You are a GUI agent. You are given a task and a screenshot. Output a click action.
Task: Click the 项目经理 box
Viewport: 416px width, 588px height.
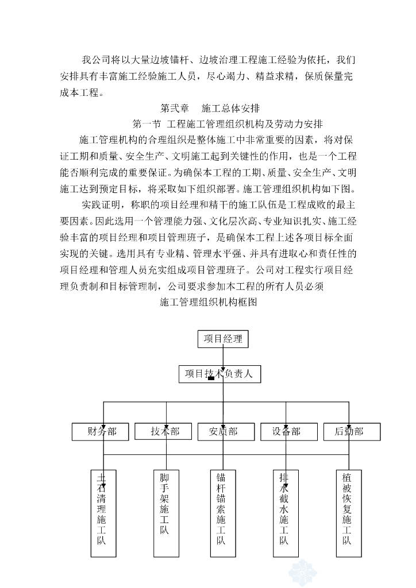click(x=223, y=339)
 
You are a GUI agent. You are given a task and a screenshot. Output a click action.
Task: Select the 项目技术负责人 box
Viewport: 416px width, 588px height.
click(x=219, y=374)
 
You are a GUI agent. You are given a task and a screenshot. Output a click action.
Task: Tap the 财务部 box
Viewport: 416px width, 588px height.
click(x=103, y=431)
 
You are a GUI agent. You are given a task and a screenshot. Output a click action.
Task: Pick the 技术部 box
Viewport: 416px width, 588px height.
click(x=165, y=431)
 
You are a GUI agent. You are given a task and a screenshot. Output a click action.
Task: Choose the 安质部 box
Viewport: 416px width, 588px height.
click(x=223, y=431)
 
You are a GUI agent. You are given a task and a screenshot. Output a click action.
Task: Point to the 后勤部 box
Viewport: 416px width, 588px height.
click(x=349, y=431)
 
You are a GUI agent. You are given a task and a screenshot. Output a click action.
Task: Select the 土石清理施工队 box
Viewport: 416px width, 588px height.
click(x=103, y=513)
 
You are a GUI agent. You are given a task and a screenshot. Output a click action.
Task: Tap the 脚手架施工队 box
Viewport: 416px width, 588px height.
click(x=164, y=513)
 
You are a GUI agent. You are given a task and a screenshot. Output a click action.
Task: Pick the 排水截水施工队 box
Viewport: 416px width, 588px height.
click(x=284, y=513)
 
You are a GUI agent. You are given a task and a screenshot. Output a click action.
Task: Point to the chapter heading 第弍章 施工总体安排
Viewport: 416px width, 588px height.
click(x=210, y=108)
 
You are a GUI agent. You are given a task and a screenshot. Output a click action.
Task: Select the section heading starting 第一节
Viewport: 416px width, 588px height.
click(x=228, y=123)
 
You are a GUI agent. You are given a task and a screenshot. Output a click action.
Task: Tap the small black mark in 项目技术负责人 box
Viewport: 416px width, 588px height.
click(x=211, y=378)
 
